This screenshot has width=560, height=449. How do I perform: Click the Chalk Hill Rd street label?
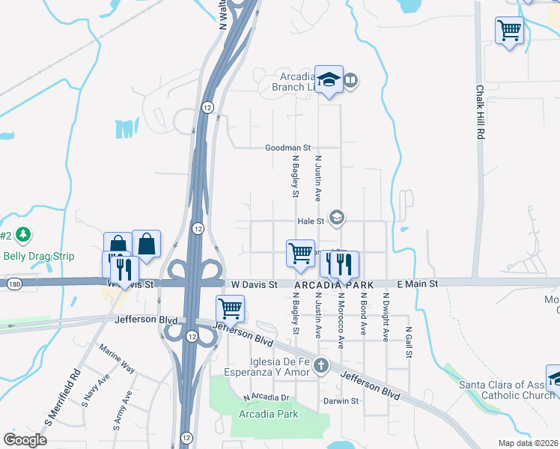[x=481, y=112]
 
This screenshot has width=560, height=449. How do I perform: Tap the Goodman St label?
[x=287, y=148]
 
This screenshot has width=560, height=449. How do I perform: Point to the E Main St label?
[x=417, y=284]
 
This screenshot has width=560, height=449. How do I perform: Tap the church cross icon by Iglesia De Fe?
[x=321, y=366]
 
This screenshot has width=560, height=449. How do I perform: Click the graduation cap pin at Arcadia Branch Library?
[x=329, y=80]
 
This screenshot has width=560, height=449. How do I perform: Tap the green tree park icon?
[x=24, y=235]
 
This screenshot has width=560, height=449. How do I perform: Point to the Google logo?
[x=25, y=439]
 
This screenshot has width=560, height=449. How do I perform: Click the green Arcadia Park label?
[x=268, y=414]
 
